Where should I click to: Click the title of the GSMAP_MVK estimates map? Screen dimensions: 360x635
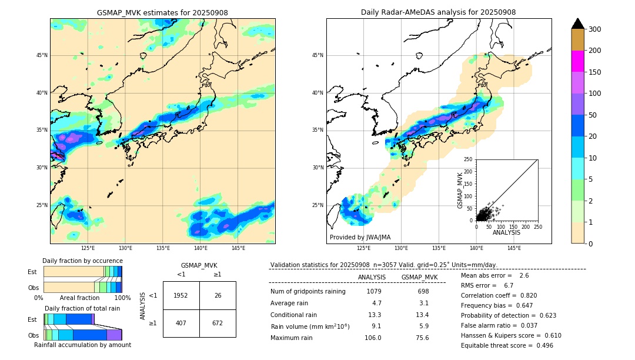pyautogui.click(x=162, y=12)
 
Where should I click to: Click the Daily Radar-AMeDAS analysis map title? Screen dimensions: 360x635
pyautogui.click(x=439, y=12)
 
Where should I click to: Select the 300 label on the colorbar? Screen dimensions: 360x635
pyautogui.click(x=594, y=29)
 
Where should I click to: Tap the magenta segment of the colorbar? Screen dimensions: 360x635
pyautogui.click(x=578, y=61)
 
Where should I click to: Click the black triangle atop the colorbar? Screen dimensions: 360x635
pyautogui.click(x=578, y=24)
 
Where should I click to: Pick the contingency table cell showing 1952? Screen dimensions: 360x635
pyautogui.click(x=181, y=295)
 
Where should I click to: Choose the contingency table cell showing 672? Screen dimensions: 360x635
pyautogui.click(x=218, y=323)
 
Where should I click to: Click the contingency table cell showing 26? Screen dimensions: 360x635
pyautogui.click(x=218, y=295)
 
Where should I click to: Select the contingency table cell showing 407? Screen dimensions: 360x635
pyautogui.click(x=181, y=323)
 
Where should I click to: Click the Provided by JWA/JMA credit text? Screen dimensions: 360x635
pyautogui.click(x=360, y=237)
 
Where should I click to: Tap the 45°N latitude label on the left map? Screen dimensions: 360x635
pyautogui.click(x=42, y=55)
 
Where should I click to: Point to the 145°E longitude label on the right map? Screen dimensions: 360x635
pyautogui.click(x=514, y=248)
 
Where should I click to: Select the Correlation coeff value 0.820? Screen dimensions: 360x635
pyautogui.click(x=524, y=295)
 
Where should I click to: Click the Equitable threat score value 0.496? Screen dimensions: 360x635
pyautogui.click(x=540, y=345)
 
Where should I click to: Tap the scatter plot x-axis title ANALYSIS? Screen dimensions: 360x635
pyautogui.click(x=507, y=233)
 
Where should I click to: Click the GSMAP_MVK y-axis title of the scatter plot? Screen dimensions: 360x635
pyautogui.click(x=461, y=189)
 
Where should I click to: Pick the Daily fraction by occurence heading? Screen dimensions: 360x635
pyautogui.click(x=82, y=261)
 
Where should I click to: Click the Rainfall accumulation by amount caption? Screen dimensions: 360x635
pyautogui.click(x=82, y=345)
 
